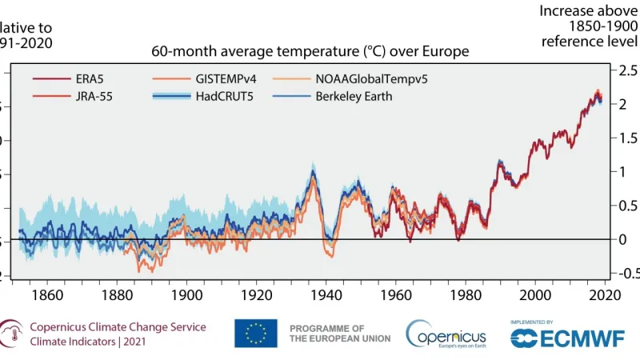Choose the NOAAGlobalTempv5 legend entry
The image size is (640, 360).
coord(345,80)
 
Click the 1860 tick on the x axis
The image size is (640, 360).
coord(50,294)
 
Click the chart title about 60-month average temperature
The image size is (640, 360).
coord(310,52)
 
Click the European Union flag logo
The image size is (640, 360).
coord(255,334)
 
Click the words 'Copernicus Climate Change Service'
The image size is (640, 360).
coord(118,327)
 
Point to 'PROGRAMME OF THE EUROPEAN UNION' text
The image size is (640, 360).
coord(339,334)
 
